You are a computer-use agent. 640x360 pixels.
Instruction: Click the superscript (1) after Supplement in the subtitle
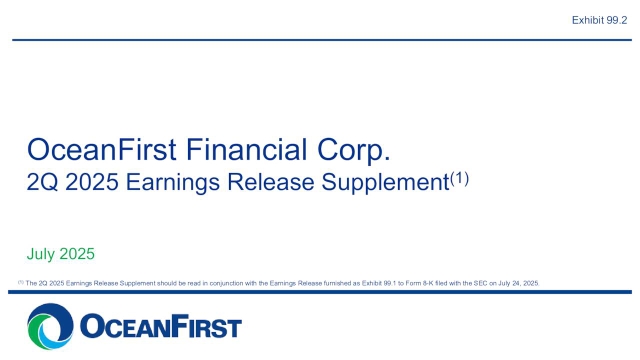458,179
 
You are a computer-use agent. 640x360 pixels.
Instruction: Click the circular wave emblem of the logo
49,328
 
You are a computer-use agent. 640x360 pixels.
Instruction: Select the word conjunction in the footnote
214,284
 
